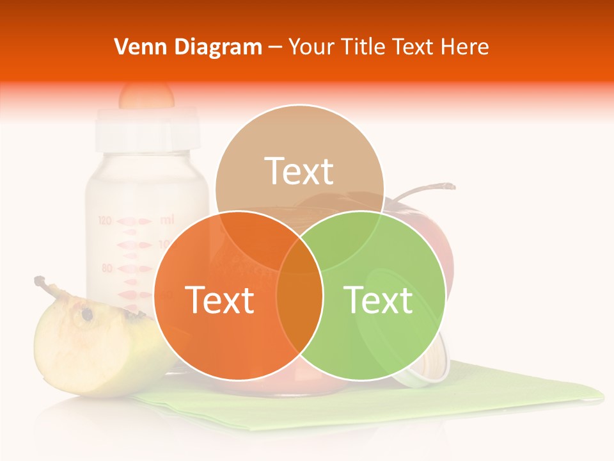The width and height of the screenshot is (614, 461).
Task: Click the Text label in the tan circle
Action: [x=299, y=171]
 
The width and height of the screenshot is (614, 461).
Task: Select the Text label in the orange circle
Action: [x=219, y=300]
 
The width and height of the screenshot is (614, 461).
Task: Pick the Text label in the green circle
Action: [x=379, y=300]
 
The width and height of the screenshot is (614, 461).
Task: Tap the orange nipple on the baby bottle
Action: [x=146, y=95]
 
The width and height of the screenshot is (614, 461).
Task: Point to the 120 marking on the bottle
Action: [x=105, y=221]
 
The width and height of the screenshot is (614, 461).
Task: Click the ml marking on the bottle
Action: [x=166, y=220]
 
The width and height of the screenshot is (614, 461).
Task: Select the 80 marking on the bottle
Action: [x=107, y=268]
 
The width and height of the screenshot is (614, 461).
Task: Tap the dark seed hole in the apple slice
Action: [x=86, y=314]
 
